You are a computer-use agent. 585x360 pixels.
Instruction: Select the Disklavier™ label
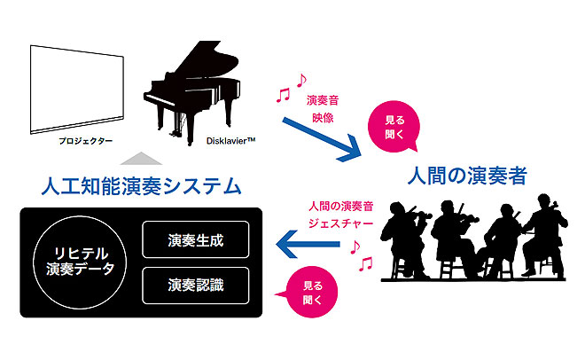(205, 140)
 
